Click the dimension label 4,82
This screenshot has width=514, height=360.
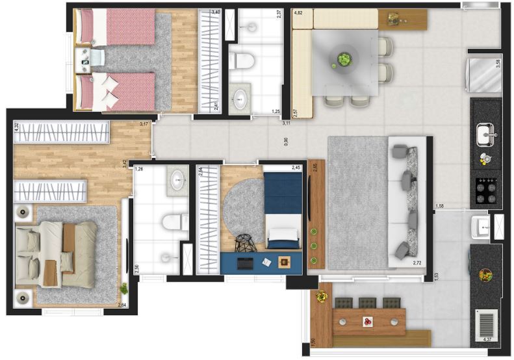[x=299, y=13]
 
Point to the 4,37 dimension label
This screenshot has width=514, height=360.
[x=489, y=339]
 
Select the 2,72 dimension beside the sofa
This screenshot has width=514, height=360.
[x=418, y=263]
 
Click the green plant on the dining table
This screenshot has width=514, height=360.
[x=343, y=60]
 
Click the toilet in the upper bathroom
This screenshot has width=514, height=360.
[x=242, y=62]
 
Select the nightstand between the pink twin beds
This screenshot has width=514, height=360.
[x=85, y=61]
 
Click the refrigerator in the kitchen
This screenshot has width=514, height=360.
[x=485, y=75]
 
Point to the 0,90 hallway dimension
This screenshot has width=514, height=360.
[x=287, y=140]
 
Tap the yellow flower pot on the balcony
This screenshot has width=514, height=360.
[x=322, y=297]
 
